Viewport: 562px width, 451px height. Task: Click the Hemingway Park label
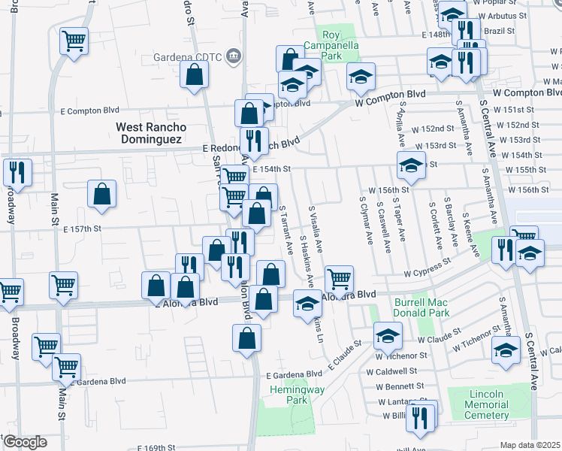click(x=288, y=395)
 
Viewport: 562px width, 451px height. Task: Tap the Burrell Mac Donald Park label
click(x=421, y=307)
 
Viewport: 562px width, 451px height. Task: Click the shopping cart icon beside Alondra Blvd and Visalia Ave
click(x=340, y=279)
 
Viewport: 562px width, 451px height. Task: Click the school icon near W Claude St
click(x=388, y=334)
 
